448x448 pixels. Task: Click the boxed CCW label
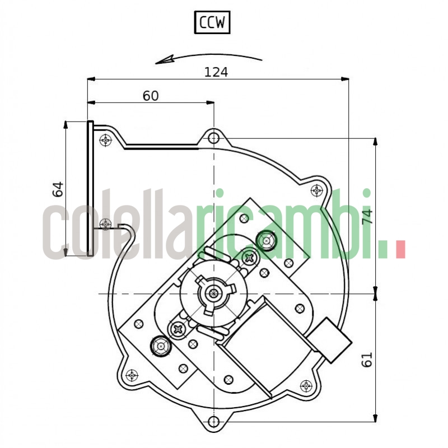212,23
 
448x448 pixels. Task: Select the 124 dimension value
216,72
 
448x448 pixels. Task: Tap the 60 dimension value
150,96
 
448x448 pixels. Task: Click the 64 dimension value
57,189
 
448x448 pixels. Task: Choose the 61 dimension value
367,360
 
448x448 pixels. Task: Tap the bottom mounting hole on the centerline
213,422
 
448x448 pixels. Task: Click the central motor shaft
213,293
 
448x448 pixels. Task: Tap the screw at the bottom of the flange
105,224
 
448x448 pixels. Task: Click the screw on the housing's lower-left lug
132,375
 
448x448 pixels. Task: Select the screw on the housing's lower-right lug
306,385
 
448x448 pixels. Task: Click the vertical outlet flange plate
90,189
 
